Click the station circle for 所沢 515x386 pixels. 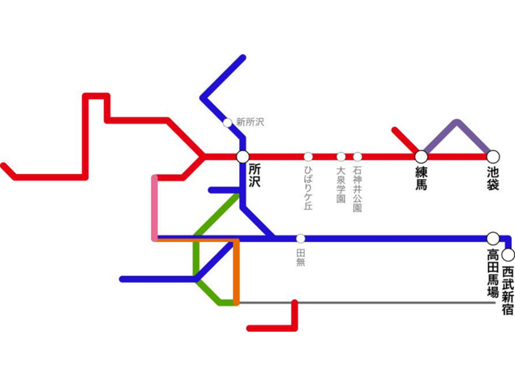click(243, 156)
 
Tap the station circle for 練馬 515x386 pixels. click(421, 156)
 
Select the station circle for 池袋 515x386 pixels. click(493, 156)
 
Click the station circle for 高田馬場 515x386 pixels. click(493, 238)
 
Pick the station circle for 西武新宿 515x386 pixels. click(508, 255)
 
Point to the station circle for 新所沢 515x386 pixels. click(227, 123)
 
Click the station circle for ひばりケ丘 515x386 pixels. click(308, 157)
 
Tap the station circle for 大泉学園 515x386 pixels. click(341, 157)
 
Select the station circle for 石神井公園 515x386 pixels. click(357, 157)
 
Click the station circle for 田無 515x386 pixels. click(301, 239)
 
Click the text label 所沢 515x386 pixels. click(254, 176)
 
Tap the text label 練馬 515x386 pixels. click(421, 178)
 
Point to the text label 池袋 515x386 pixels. click(493, 178)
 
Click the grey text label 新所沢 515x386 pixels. click(250, 122)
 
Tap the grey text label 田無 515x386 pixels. click(301, 258)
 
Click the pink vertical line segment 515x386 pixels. click(155, 208)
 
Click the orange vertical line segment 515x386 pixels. click(236, 272)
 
